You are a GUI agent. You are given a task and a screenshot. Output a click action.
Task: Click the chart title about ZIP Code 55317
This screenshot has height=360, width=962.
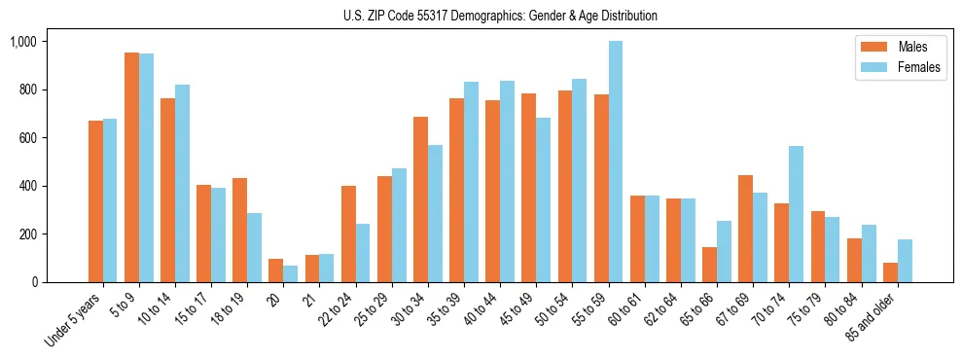point(500,16)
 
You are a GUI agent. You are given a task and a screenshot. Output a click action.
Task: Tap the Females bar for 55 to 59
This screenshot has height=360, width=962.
point(615,162)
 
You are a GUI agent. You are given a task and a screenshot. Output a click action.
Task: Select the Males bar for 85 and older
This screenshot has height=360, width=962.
point(890,272)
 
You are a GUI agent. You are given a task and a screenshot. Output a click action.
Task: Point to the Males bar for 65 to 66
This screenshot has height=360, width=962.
point(709,265)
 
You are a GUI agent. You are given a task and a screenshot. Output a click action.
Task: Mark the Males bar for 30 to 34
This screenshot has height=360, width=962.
point(420,199)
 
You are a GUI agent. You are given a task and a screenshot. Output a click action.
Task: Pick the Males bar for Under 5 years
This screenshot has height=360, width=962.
point(95,201)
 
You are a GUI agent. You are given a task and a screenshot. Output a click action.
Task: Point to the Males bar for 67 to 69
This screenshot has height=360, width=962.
point(745,229)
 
